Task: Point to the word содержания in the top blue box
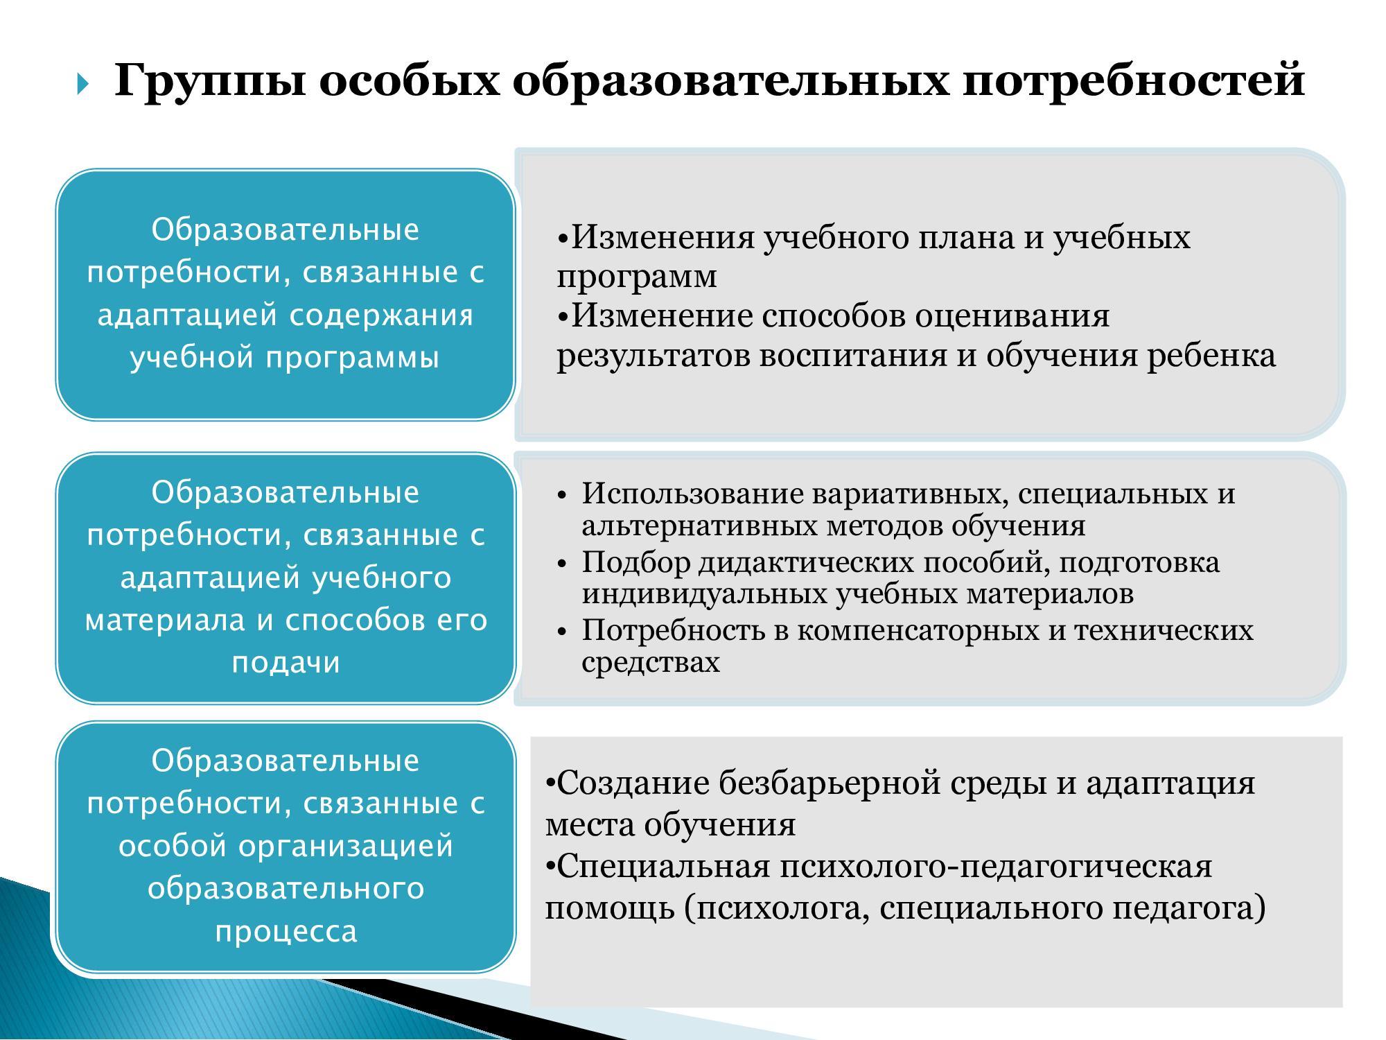381,316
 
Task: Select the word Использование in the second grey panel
693,494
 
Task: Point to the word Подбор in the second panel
635,562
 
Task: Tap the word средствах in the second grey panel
651,663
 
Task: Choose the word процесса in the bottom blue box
286,932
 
